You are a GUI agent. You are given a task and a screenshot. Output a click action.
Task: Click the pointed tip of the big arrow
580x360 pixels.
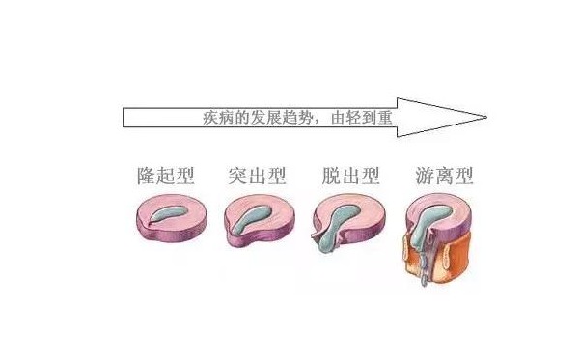tap(484, 117)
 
